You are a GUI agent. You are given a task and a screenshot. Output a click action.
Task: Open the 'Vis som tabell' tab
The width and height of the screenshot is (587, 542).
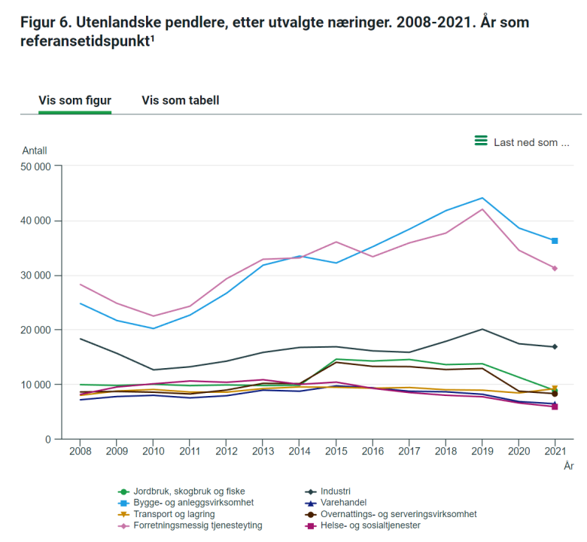(181, 100)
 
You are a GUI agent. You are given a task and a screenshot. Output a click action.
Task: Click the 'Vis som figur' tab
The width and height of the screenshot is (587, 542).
(75, 100)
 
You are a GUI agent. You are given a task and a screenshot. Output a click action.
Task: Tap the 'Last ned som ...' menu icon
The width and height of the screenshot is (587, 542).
(481, 141)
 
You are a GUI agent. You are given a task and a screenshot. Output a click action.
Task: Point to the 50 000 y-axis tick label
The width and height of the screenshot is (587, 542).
(32, 166)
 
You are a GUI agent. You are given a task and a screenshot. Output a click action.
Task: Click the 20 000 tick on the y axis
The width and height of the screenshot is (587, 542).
(32, 330)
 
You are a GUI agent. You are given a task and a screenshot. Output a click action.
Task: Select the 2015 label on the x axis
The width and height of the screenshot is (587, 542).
(336, 451)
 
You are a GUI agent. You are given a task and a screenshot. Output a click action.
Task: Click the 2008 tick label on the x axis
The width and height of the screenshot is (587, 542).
(80, 451)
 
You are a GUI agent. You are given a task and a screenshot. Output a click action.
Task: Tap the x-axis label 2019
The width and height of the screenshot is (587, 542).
(482, 451)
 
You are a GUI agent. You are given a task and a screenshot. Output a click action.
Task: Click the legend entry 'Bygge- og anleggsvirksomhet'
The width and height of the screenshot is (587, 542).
(193, 503)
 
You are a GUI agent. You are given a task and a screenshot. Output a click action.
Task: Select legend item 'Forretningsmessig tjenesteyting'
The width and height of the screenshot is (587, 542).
(197, 525)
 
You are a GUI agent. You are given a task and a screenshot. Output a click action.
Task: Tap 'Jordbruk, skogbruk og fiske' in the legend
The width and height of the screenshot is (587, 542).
(189, 492)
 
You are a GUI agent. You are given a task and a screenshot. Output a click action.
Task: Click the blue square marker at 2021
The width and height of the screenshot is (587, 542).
(555, 241)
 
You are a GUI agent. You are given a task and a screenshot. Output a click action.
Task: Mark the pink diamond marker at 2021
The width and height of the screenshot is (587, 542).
(555, 268)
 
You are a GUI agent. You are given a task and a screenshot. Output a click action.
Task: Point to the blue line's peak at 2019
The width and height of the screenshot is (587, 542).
(482, 198)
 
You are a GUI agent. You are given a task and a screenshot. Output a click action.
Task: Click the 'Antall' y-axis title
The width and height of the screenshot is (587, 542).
(35, 151)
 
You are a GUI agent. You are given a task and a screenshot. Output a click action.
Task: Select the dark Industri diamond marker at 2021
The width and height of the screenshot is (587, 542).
(555, 346)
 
